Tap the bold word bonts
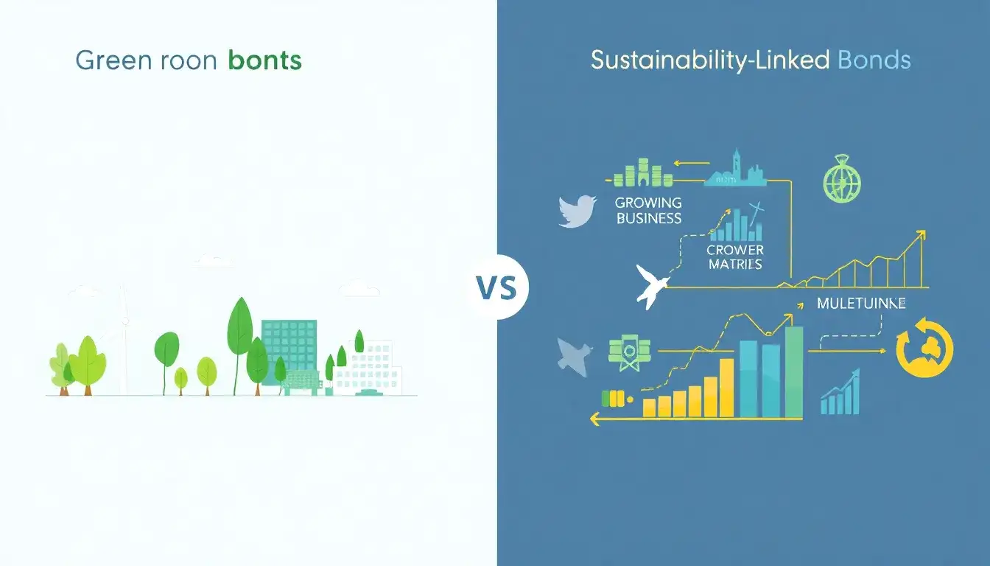click(265, 60)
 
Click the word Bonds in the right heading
click(874, 60)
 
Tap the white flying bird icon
click(651, 287)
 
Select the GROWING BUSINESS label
click(648, 210)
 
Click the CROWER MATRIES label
click(735, 256)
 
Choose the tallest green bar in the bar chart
click(793, 372)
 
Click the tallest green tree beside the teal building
click(240, 328)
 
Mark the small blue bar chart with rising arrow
click(840, 394)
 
